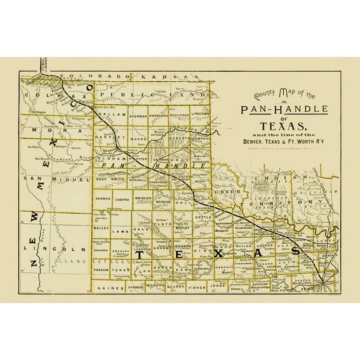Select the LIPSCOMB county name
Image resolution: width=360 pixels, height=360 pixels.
201,116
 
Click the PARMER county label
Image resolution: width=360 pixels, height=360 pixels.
103,199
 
